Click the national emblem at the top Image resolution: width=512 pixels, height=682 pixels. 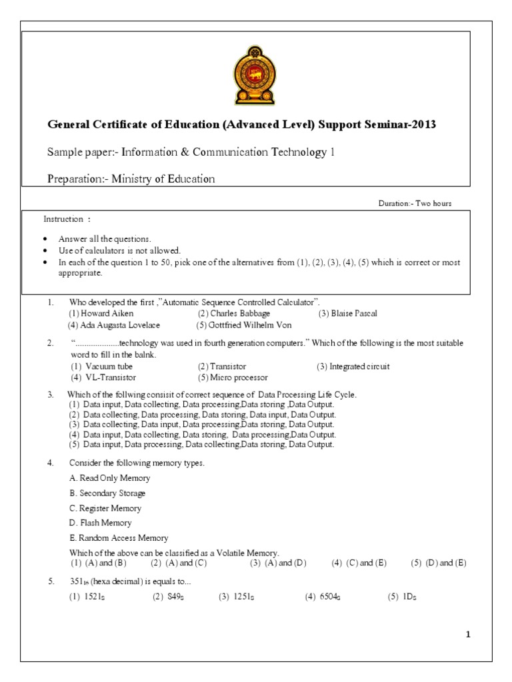255,75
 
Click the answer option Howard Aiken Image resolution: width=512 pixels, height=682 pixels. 101,314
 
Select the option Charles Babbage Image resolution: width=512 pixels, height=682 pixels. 230,314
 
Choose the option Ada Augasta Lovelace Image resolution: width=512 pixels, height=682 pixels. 114,325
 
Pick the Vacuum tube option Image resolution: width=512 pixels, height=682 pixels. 101,367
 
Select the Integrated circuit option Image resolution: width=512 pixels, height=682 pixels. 353,367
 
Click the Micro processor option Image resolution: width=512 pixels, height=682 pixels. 229,378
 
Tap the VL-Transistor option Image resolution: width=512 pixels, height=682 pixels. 102,378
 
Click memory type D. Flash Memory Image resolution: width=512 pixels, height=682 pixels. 101,523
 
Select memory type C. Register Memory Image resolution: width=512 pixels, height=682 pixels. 105,508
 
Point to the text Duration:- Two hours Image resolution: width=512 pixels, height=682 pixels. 415,204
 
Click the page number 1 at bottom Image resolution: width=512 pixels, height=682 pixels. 468,635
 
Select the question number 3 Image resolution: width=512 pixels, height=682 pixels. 50,395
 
